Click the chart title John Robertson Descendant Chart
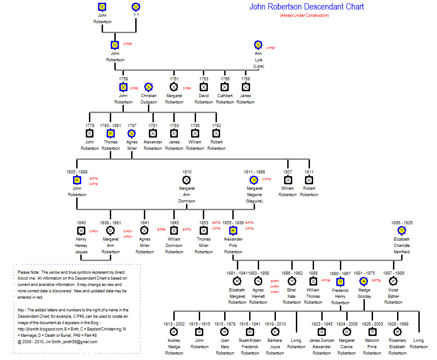(306, 7)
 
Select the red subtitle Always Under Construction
(304, 16)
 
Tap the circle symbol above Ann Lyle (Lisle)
(258, 44)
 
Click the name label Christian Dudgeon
(148, 99)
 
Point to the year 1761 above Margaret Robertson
(174, 79)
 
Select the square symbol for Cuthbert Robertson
(225, 87)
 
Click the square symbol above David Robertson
(204, 87)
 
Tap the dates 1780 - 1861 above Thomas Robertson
(110, 125)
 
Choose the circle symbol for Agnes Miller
(132, 133)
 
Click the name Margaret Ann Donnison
(187, 194)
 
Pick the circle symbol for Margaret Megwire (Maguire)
(254, 180)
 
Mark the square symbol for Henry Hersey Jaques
(81, 231)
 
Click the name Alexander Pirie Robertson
(233, 245)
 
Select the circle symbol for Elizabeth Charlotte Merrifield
(402, 231)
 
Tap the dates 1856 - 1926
(402, 223)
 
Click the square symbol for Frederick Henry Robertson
(340, 282)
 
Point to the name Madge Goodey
(363, 293)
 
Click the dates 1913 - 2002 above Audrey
(174, 324)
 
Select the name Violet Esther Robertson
(393, 296)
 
